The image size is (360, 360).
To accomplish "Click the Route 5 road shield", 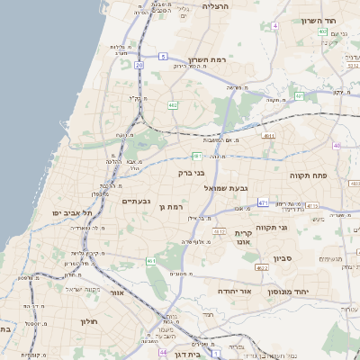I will click(164, 57).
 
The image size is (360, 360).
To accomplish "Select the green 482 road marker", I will click(172, 105).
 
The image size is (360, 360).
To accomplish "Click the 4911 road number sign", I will click(268, 136).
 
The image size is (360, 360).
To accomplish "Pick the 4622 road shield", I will click(262, 267).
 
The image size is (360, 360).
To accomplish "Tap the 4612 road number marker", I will click(219, 231).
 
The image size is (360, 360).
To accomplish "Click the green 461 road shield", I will click(150, 261).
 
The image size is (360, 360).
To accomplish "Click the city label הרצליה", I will click(217, 6).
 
